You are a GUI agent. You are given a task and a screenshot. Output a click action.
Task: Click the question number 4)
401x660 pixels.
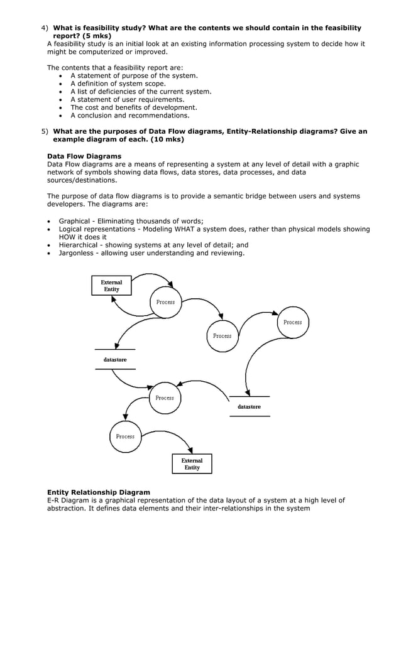(45, 28)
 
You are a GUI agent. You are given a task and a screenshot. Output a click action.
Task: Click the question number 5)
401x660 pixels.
(45, 132)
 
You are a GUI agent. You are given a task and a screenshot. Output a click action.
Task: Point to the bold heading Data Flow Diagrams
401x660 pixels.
(84, 156)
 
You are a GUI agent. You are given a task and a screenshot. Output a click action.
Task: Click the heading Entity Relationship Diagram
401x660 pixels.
(99, 492)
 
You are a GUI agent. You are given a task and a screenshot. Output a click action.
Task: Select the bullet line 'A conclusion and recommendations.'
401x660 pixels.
(129, 116)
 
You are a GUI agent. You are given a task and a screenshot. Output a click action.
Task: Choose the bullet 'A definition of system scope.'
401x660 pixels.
(118, 84)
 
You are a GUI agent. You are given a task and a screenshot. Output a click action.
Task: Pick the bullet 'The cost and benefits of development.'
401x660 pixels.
(133, 107)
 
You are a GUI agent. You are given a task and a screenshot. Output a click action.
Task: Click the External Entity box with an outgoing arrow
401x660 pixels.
(111, 286)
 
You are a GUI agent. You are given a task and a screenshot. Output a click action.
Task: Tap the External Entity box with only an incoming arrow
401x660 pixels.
(192, 464)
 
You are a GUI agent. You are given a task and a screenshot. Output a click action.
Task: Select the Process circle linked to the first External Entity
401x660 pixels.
(165, 302)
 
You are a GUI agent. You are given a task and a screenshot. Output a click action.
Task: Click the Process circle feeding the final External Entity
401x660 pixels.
(125, 436)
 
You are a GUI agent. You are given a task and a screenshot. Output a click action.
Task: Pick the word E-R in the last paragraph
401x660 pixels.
(55, 500)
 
